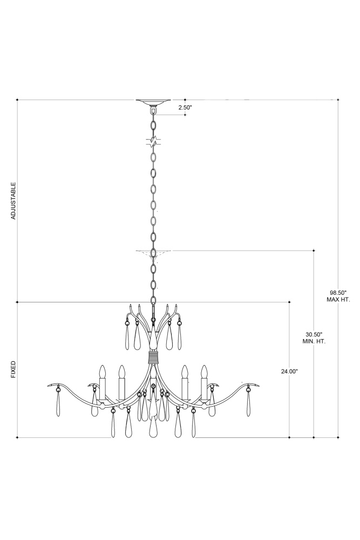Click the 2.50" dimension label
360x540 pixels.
tap(185, 107)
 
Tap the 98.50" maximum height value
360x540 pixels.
tap(338, 293)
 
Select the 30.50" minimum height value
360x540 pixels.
tap(314, 334)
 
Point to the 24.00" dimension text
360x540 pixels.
tap(289, 372)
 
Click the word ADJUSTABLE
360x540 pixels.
tap(13, 201)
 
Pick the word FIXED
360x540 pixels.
tap(13, 369)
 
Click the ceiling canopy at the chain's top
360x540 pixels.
tap(153, 102)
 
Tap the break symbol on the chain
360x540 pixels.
tap(154, 141)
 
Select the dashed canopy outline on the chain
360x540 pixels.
tap(153, 253)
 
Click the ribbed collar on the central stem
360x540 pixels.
tap(153, 357)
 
